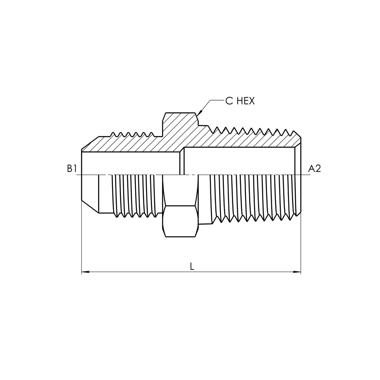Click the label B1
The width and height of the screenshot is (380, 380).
[x=72, y=169]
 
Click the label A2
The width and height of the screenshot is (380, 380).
[x=315, y=169]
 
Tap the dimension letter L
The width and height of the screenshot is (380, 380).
[x=192, y=267]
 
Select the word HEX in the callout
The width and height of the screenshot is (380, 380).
[x=246, y=101]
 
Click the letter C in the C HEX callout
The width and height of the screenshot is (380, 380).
[x=229, y=101]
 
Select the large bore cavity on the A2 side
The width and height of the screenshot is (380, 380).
[x=239, y=161]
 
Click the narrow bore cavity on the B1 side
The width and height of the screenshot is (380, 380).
[x=130, y=163]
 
